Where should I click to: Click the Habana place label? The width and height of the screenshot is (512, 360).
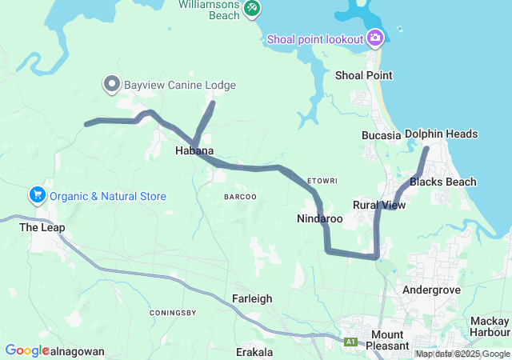click(194, 150)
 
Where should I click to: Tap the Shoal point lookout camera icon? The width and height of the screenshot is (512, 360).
click(375, 38)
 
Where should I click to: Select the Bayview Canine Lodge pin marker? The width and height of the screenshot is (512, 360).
click(112, 83)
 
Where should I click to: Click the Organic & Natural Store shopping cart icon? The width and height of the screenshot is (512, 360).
click(37, 195)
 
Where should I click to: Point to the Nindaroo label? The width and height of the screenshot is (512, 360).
click(319, 218)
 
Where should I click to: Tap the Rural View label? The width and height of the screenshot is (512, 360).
click(379, 206)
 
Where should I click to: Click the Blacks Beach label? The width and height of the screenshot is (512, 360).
click(442, 182)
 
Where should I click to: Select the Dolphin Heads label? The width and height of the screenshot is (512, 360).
click(441, 134)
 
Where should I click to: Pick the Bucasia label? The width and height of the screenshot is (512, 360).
click(381, 135)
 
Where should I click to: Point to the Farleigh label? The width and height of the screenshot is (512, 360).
click(252, 298)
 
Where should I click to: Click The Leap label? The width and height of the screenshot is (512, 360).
click(42, 227)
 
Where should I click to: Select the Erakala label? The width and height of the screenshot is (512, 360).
click(254, 352)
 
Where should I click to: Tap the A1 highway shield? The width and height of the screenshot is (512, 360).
click(350, 342)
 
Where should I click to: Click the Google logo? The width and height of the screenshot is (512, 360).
click(27, 350)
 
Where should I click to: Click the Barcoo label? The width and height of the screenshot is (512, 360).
click(240, 196)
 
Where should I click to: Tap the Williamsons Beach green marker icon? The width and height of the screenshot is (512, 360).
click(252, 7)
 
